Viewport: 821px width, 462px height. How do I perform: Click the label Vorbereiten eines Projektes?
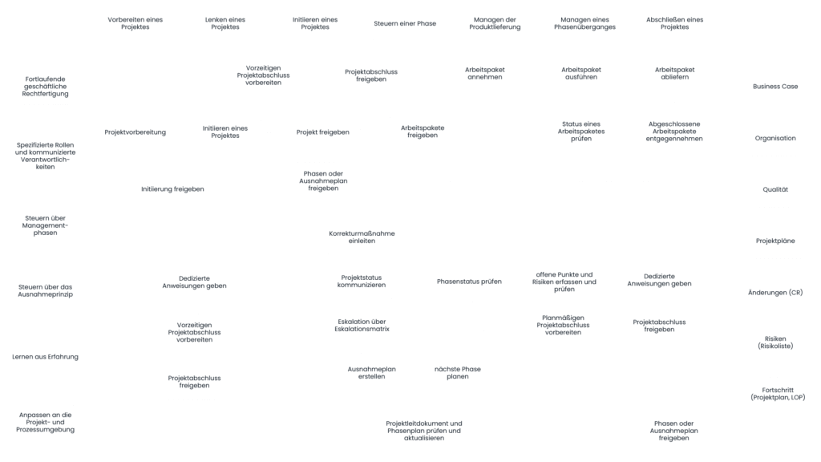135,23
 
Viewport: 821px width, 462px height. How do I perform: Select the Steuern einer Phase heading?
405,23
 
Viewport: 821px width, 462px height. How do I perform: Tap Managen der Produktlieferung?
495,23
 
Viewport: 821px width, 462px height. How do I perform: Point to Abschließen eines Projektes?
674,23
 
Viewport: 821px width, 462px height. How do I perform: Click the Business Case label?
774,86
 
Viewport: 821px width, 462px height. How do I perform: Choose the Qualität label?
774,189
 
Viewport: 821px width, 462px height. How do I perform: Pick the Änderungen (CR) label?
774,293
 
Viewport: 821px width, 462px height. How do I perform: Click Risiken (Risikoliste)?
774,342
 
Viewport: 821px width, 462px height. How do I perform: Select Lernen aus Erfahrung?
46,356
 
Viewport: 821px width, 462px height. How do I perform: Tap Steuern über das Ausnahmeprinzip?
46,290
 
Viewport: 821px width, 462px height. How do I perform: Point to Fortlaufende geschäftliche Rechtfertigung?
46,87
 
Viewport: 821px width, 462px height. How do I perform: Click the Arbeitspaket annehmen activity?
484,73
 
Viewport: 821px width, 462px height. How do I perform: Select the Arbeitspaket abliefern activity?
674,73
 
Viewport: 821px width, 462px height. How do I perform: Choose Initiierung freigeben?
172,189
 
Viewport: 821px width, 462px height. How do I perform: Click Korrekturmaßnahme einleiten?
362,237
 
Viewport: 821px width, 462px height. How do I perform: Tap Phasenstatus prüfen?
469,282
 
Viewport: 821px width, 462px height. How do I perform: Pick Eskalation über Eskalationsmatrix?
362,325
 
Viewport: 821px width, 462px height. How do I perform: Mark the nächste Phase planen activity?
457,372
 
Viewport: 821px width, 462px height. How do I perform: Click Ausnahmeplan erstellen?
371,372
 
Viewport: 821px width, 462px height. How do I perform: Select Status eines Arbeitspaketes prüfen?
580,132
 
